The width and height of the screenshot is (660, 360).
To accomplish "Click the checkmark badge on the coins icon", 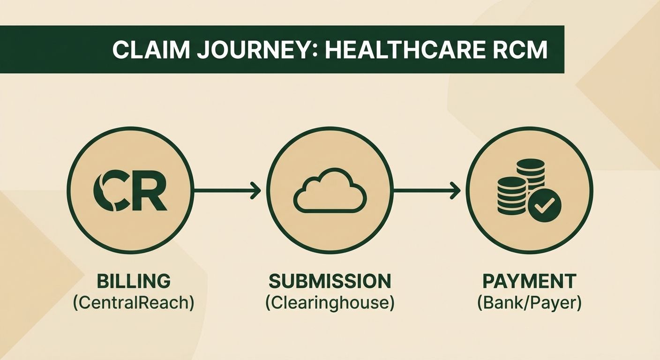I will (x=544, y=205).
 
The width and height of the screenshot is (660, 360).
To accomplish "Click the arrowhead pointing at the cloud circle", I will (x=255, y=190).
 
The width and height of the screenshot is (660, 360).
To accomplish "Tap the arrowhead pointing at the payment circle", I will (x=455, y=190).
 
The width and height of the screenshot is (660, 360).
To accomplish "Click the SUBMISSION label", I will (x=330, y=281).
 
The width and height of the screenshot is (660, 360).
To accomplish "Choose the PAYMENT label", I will (x=529, y=281).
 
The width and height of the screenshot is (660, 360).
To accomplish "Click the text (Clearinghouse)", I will (x=330, y=303).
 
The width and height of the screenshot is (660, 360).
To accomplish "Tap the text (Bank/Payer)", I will (x=529, y=303).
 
